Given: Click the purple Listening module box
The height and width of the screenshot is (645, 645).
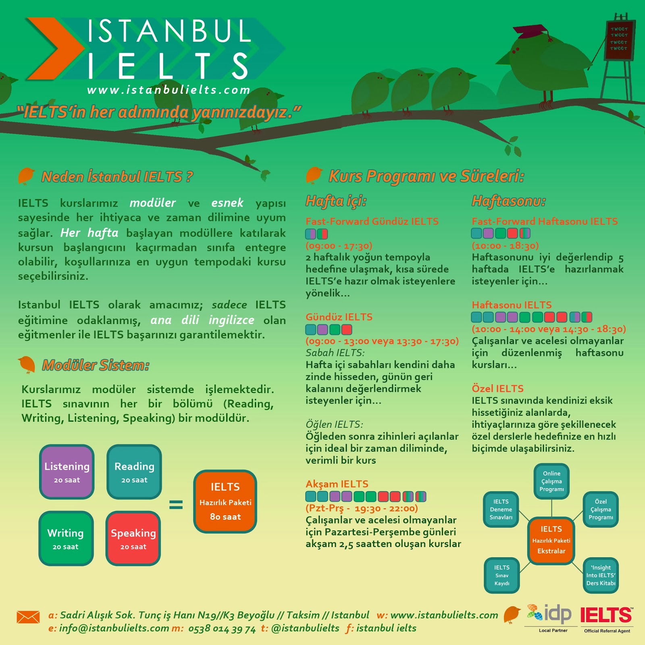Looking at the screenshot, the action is click(x=67, y=472).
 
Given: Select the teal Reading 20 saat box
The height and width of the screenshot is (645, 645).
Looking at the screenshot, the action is click(x=134, y=472).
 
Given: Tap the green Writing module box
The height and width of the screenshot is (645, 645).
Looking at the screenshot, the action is click(x=66, y=538).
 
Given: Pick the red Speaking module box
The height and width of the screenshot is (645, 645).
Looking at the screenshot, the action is click(x=133, y=538).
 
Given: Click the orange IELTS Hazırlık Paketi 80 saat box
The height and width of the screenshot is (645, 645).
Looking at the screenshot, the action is click(x=225, y=501).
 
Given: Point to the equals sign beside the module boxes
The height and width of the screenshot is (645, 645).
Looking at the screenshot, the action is click(x=176, y=504).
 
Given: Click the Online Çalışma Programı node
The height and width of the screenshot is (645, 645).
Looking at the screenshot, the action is click(x=551, y=481).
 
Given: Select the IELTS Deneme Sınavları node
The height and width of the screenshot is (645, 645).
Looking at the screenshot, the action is click(x=501, y=509).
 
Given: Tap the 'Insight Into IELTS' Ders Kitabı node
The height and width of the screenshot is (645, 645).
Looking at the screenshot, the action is click(x=601, y=575).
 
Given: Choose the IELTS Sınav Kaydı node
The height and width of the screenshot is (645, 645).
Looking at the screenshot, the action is click(x=502, y=575).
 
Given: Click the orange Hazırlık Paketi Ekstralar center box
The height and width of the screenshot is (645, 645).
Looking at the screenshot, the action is click(x=551, y=540).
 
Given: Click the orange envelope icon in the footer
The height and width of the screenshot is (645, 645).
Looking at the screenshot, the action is click(x=28, y=617).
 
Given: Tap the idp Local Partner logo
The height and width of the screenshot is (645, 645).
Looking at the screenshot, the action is click(x=550, y=617).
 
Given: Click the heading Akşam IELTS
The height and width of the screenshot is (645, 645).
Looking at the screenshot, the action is click(x=337, y=484).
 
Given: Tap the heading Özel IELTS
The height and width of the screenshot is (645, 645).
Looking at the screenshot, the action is click(x=497, y=389).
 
